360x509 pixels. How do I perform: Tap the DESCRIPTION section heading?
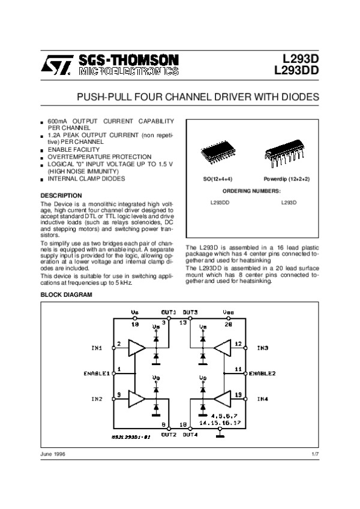(x=61, y=195)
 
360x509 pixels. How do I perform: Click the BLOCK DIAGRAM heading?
(x=66, y=295)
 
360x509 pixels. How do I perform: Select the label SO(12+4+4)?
(x=217, y=180)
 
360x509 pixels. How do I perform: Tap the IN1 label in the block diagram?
(x=97, y=348)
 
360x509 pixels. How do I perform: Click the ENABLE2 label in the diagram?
(x=262, y=373)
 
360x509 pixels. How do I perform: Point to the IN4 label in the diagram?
(x=263, y=397)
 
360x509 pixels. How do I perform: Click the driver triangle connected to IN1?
(x=137, y=348)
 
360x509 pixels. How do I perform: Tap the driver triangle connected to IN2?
(x=137, y=397)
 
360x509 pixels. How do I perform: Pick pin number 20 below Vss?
(x=229, y=324)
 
